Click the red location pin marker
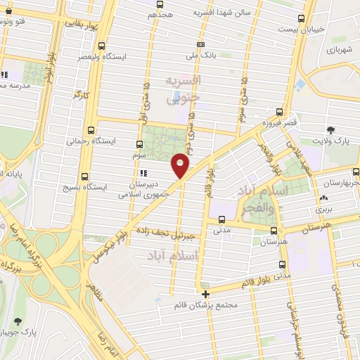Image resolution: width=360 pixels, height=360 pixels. (181, 165)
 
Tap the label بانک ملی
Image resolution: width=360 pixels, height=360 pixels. (201, 55)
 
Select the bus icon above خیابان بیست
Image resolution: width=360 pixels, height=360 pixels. (302, 19)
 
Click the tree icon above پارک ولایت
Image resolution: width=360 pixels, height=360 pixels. (330, 130)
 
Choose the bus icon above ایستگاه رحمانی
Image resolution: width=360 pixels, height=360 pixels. (90, 130)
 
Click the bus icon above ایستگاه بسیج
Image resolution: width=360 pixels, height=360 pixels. (85, 176)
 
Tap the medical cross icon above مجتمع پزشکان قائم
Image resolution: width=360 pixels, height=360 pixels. (205, 294)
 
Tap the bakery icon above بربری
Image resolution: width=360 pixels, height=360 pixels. (323, 199)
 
